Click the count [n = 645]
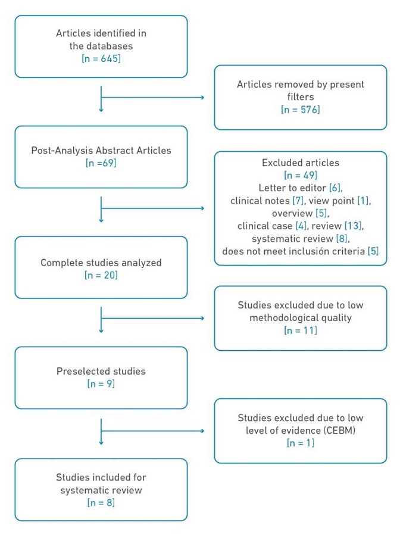(101, 59)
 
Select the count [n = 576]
(300, 110)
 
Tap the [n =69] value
(101, 163)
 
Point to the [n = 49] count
(300, 175)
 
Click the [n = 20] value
(101, 275)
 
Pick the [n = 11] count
(300, 331)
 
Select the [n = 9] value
(101, 384)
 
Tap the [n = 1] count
(300, 442)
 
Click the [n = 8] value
(101, 503)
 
